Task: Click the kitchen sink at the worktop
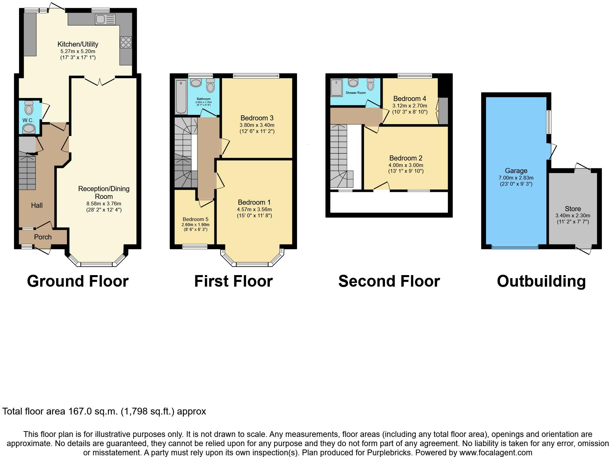click(x=105, y=19)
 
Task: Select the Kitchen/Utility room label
click(x=78, y=44)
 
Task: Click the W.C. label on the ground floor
click(x=28, y=120)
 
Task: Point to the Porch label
click(x=43, y=237)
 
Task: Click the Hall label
click(x=37, y=205)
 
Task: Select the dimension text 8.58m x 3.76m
click(x=104, y=204)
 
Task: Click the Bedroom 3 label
click(x=257, y=118)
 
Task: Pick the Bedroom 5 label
click(x=195, y=219)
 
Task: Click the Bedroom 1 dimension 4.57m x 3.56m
click(x=254, y=209)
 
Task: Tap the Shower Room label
click(x=356, y=93)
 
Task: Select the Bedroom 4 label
click(x=410, y=99)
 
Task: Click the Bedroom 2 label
click(x=406, y=158)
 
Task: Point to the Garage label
click(x=516, y=171)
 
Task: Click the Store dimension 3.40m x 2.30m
click(x=573, y=216)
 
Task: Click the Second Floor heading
click(x=389, y=282)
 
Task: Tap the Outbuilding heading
click(x=541, y=282)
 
